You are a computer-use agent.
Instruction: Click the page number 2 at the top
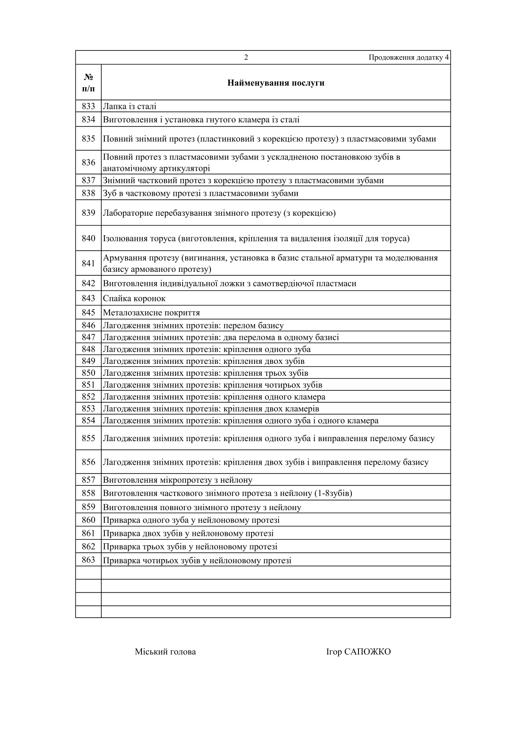pyautogui.click(x=246, y=57)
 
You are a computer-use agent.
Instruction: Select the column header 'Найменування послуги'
pyautogui.click(x=276, y=83)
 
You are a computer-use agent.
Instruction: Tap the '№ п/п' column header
pyautogui.click(x=88, y=83)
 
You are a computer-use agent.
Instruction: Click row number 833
pyautogui.click(x=88, y=106)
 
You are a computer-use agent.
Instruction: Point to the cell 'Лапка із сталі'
pyautogui.click(x=130, y=107)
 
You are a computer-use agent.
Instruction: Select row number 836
pyautogui.click(x=88, y=162)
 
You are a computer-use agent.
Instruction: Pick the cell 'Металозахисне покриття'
pyautogui.click(x=151, y=313)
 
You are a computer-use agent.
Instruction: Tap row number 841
pyautogui.click(x=88, y=263)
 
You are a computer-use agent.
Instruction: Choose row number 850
pyautogui.click(x=88, y=373)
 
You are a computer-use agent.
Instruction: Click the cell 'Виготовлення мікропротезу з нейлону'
pyautogui.click(x=178, y=480)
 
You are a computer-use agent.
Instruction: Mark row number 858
pyautogui.click(x=88, y=493)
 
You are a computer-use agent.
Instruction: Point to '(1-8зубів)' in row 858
pyautogui.click(x=333, y=493)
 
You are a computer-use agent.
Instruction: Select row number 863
pyautogui.click(x=88, y=560)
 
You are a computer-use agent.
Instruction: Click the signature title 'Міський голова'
pyautogui.click(x=165, y=652)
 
